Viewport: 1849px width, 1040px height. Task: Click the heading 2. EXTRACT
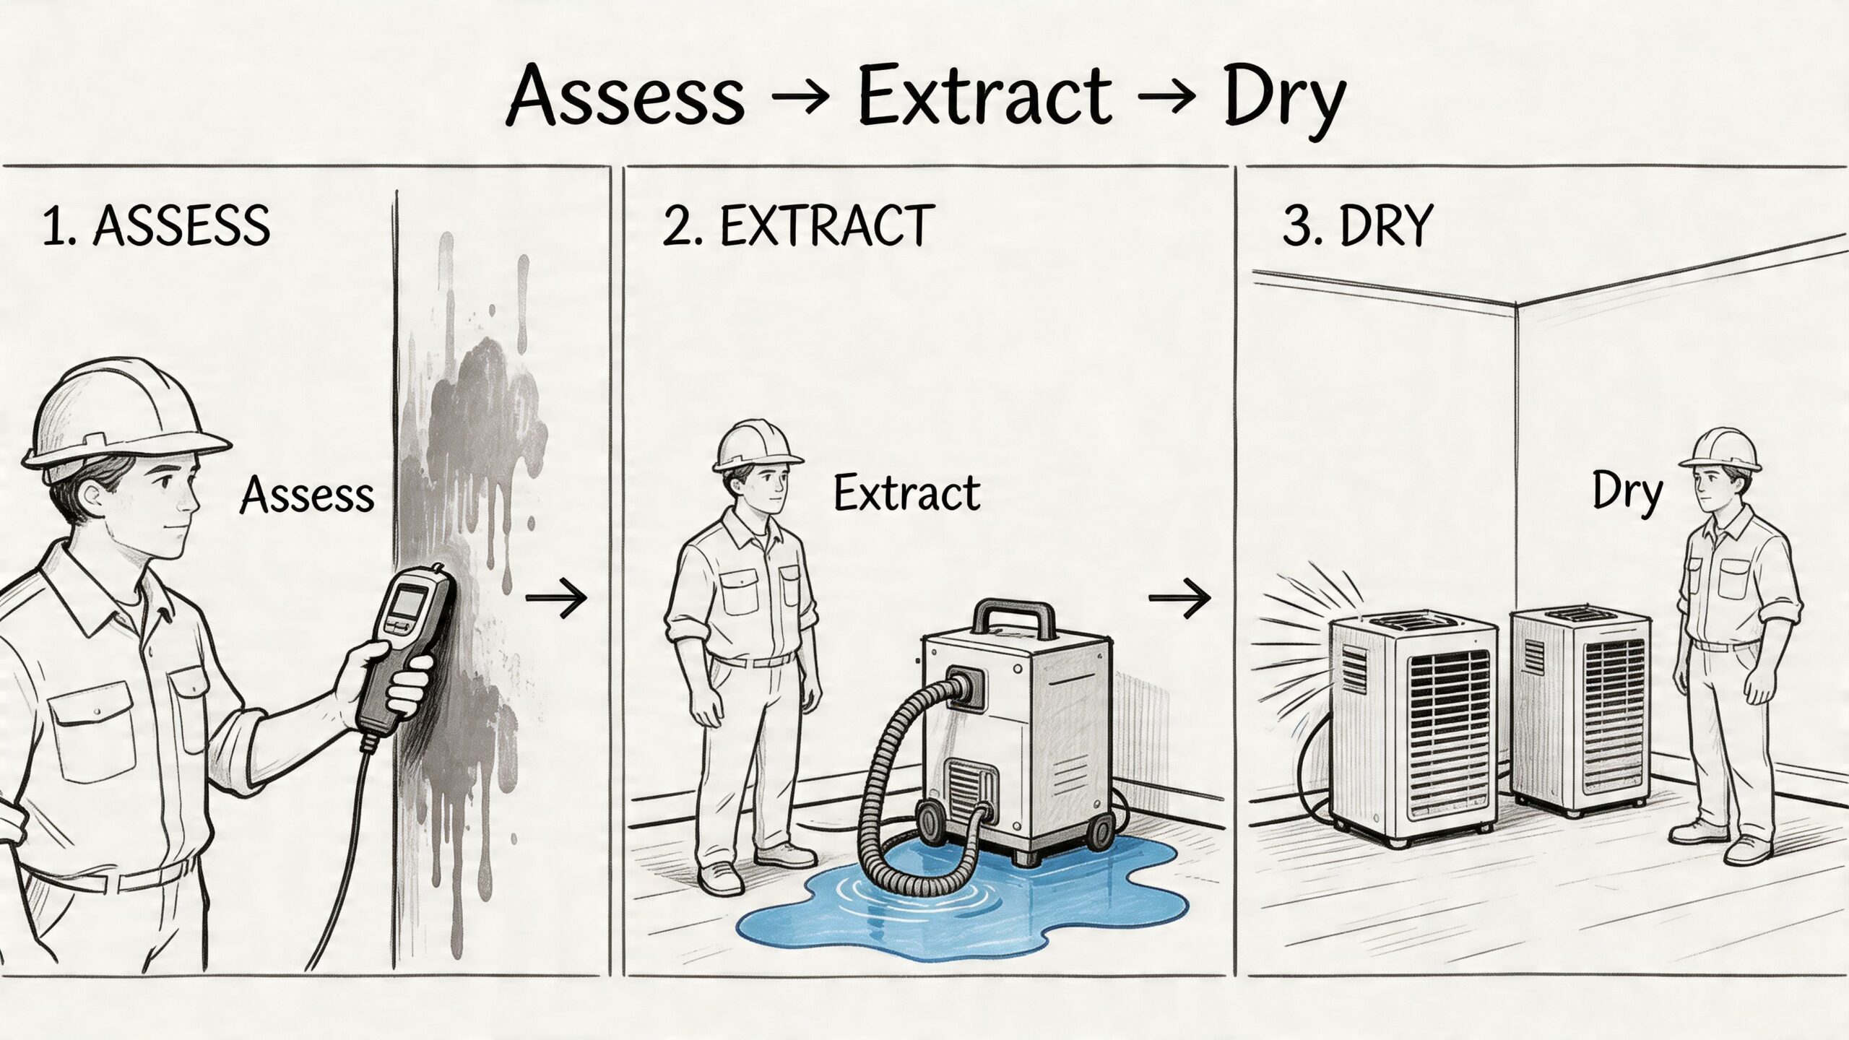tap(799, 227)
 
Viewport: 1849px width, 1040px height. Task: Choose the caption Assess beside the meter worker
tap(308, 496)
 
